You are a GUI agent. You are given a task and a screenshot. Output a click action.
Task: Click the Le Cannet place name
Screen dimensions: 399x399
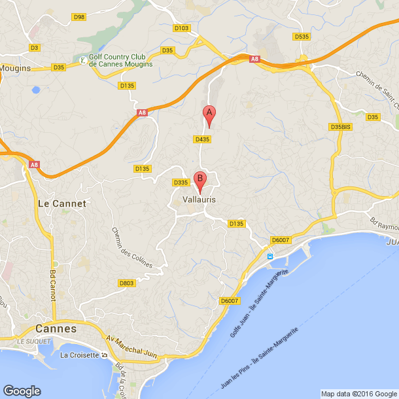[62, 203]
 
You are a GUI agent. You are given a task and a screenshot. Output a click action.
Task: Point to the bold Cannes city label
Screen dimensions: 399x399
[56, 328]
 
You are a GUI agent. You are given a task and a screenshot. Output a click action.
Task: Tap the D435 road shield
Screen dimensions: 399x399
[202, 139]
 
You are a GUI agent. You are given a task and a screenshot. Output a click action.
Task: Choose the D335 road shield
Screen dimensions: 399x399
[181, 182]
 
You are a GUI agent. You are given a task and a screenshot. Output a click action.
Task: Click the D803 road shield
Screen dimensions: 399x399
[127, 283]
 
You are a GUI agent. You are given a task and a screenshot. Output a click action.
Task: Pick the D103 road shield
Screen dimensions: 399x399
[181, 28]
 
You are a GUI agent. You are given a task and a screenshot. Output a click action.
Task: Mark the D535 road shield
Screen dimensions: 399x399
[302, 37]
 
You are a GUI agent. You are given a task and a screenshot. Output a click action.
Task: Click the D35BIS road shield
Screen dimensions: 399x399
[341, 127]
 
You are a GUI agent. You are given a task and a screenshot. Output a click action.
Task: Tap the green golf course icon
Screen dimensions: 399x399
[82, 61]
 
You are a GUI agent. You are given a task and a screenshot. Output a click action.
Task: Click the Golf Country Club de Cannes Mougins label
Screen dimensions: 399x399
[121, 61]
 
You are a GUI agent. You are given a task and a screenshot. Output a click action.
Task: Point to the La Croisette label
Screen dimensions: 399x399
[80, 356]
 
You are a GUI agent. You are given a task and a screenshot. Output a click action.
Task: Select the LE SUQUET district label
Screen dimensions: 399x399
[29, 342]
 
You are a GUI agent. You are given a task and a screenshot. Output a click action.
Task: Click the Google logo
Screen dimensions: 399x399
[22, 390]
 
